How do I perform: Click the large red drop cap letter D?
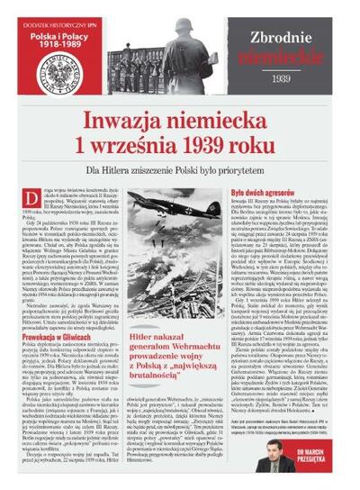(x=41, y=195)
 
